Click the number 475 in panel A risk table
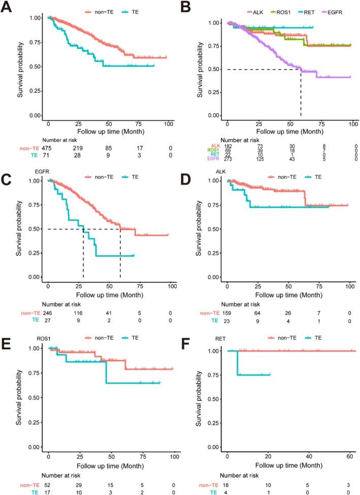tap(49, 148)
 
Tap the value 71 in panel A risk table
tap(49, 155)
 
